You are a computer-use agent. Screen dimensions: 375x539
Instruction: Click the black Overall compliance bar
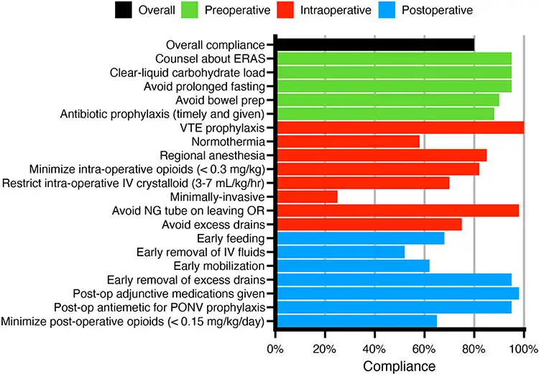[x=374, y=45]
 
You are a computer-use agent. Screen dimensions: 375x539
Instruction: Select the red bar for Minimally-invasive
[x=306, y=196]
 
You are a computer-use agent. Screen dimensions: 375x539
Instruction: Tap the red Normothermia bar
[x=347, y=141]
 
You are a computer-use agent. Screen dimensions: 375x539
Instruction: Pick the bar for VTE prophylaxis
[x=400, y=127]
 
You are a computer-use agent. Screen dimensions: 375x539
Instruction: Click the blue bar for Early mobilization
[x=352, y=266]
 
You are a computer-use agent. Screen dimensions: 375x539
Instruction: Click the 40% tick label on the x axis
[x=374, y=350]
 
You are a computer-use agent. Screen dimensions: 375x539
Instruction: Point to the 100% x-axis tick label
[x=522, y=350]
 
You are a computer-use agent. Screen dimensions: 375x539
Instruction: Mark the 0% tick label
[x=275, y=350]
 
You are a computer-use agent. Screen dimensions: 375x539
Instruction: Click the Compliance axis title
[x=399, y=366]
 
